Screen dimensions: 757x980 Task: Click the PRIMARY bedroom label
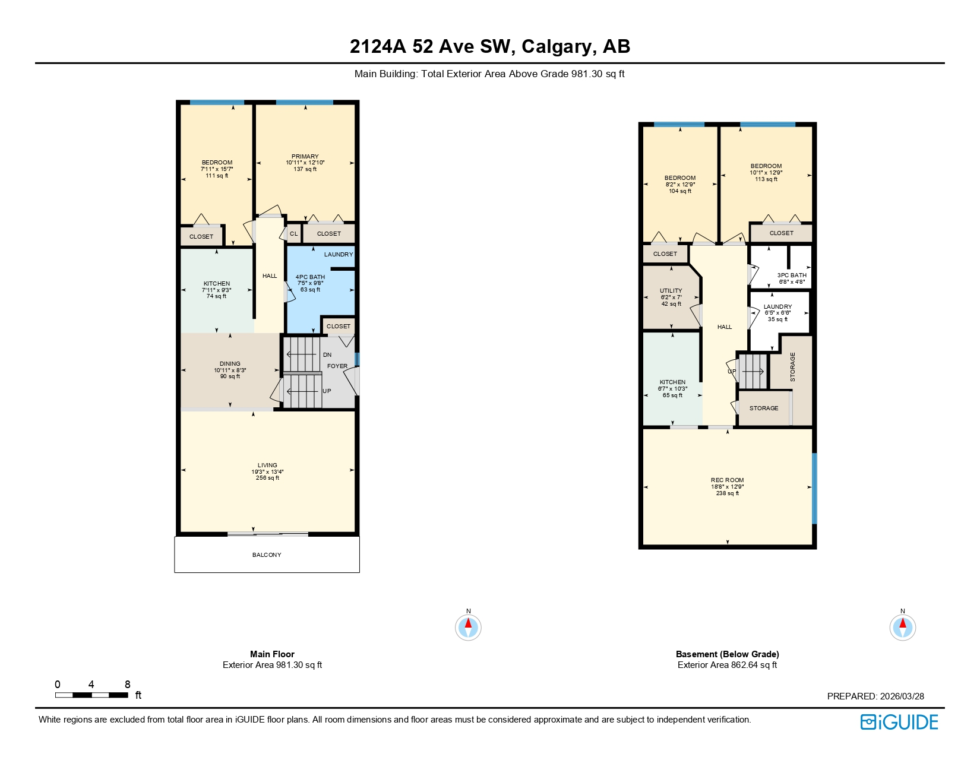(305, 157)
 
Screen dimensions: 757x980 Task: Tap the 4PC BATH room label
(310, 277)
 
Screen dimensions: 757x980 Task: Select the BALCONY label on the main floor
(267, 555)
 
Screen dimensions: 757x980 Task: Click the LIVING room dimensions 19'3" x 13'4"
(267, 472)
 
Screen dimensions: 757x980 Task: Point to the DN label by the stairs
(327, 355)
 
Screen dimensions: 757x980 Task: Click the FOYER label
(337, 366)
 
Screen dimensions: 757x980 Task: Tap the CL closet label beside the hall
(293, 234)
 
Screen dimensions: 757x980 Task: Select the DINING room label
(230, 364)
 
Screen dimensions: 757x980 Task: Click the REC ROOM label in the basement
(727, 480)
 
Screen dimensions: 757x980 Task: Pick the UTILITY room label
(671, 291)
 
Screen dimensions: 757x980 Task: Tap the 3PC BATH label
(792, 275)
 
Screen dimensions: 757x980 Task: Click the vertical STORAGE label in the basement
(792, 367)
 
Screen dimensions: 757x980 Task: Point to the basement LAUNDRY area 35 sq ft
(777, 319)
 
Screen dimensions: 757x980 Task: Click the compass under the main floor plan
(468, 628)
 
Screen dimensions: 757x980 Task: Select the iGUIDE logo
(899, 722)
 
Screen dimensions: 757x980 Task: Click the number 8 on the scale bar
(127, 685)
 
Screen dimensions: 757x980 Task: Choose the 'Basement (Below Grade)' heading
(727, 654)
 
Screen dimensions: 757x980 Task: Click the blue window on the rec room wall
(814, 488)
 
